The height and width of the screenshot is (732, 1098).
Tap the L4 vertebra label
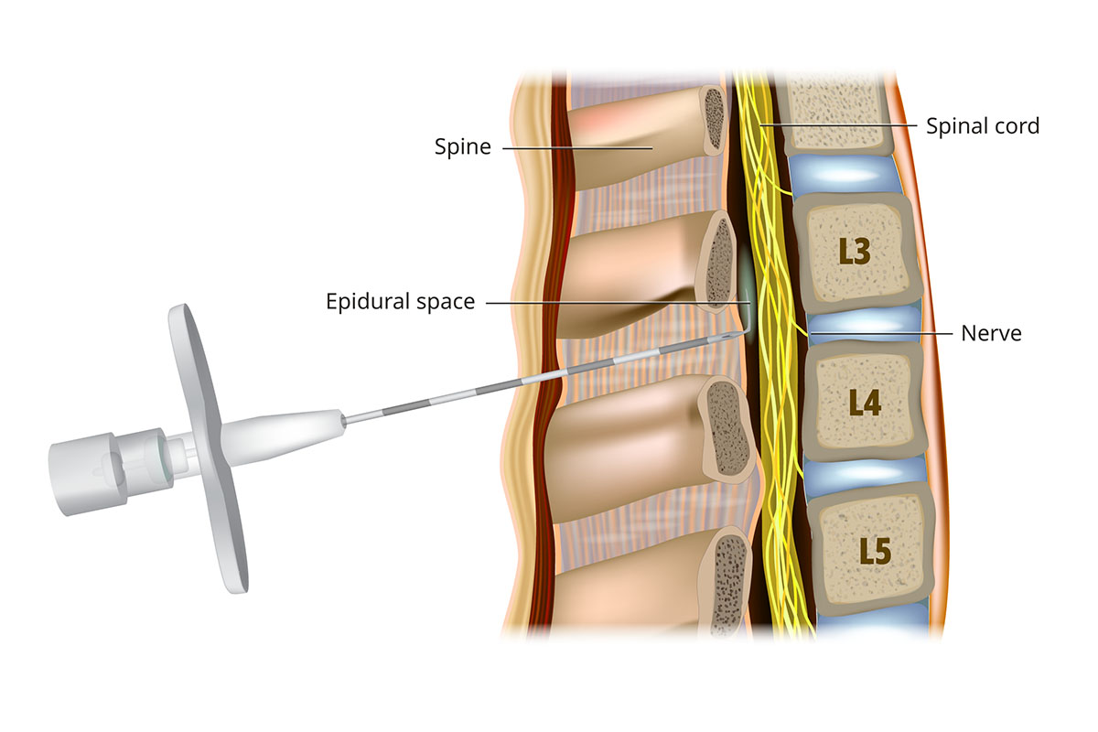[865, 403]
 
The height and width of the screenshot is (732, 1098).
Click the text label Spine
[463, 147]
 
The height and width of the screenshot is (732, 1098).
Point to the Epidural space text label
[400, 301]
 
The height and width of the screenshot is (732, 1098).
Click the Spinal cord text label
[983, 125]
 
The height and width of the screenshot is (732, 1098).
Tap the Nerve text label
[991, 334]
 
